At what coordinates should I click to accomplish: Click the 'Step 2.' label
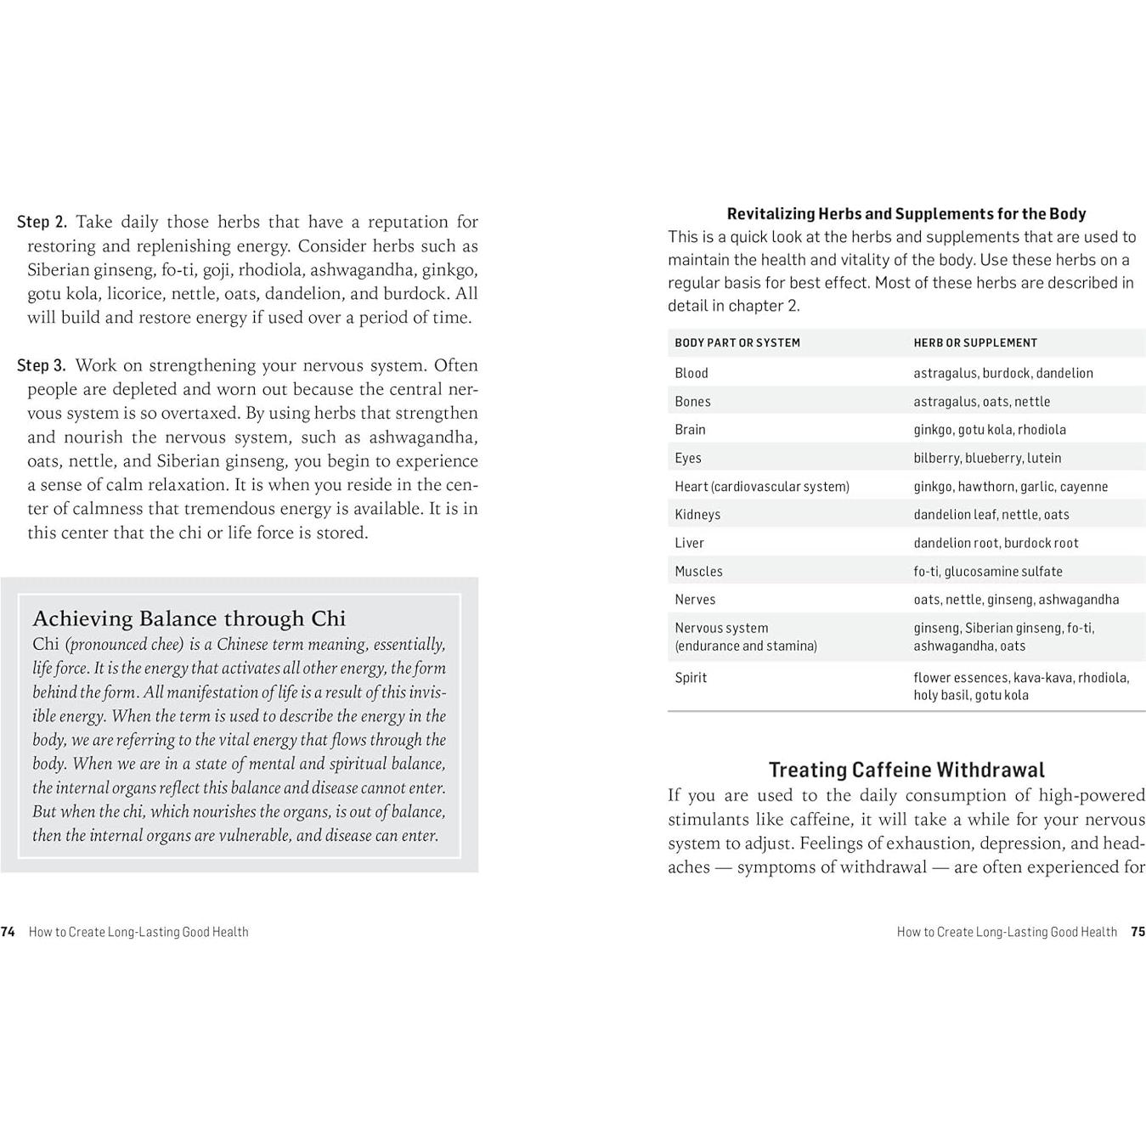point(42,223)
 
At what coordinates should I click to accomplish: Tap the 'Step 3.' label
point(42,366)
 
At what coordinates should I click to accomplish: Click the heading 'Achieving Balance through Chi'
point(189,618)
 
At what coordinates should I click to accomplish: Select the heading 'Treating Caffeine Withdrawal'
point(906,770)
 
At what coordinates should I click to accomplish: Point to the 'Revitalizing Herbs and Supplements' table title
point(906,214)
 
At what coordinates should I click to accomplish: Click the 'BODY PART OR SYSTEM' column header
point(737,343)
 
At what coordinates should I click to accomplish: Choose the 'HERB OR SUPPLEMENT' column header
point(974,343)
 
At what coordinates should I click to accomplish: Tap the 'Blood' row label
point(691,373)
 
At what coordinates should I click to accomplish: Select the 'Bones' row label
point(692,402)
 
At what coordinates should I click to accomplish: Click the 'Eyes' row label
point(687,458)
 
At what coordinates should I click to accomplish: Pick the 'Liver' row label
point(689,543)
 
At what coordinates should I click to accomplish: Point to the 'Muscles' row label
point(698,572)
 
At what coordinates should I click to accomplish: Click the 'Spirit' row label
point(690,678)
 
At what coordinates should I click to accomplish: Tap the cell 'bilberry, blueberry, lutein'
point(987,458)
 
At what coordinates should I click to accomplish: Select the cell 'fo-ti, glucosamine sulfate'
point(987,572)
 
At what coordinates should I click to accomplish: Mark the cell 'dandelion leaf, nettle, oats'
point(991,515)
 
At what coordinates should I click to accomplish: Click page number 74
point(8,932)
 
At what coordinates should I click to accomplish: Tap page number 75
point(1138,932)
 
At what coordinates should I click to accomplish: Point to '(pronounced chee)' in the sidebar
point(124,645)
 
